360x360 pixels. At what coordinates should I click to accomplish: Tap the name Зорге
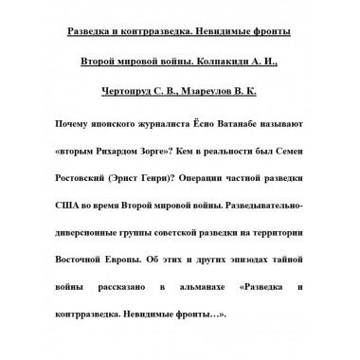182,150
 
